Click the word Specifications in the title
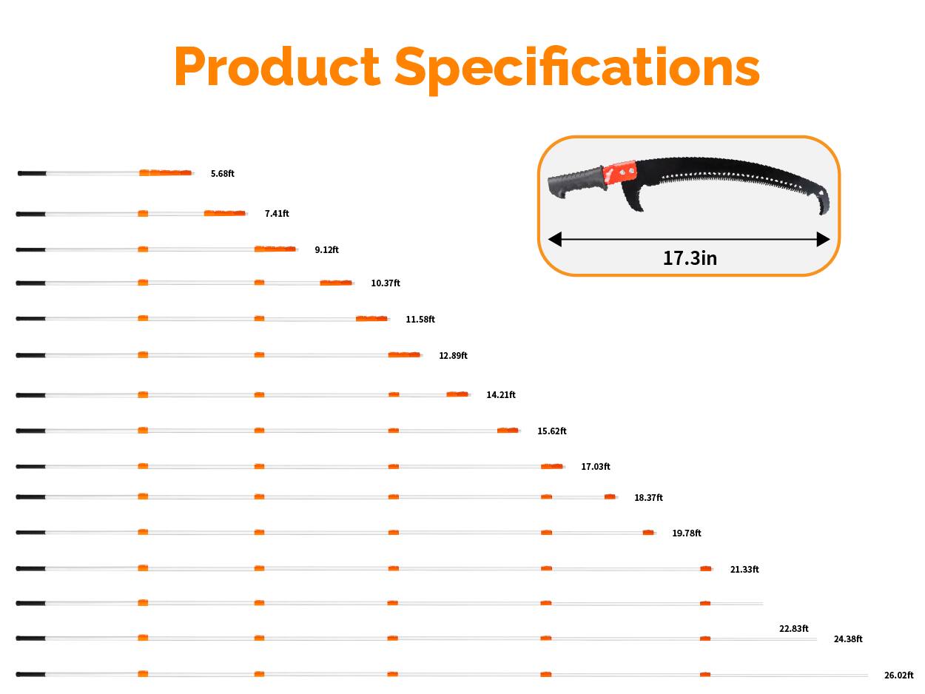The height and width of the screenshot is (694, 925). click(x=576, y=68)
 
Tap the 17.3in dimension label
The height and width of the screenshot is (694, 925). click(x=689, y=257)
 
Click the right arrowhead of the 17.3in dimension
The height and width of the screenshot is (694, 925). click(x=823, y=239)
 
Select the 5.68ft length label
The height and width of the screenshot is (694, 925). click(x=222, y=174)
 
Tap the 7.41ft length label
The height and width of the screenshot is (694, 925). click(x=277, y=214)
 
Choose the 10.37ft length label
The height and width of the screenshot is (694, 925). click(x=386, y=283)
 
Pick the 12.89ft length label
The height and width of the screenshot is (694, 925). click(x=453, y=356)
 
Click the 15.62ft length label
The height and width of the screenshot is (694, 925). click(x=551, y=431)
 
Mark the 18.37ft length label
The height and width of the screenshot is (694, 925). click(x=648, y=498)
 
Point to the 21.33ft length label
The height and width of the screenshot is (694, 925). click(x=744, y=570)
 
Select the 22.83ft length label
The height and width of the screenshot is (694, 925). click(x=793, y=629)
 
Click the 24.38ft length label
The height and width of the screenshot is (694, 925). click(x=848, y=639)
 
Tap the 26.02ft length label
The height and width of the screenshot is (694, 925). click(x=898, y=676)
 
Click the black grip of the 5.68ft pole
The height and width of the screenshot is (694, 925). click(x=32, y=173)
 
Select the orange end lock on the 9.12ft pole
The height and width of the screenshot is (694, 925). click(x=275, y=249)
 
